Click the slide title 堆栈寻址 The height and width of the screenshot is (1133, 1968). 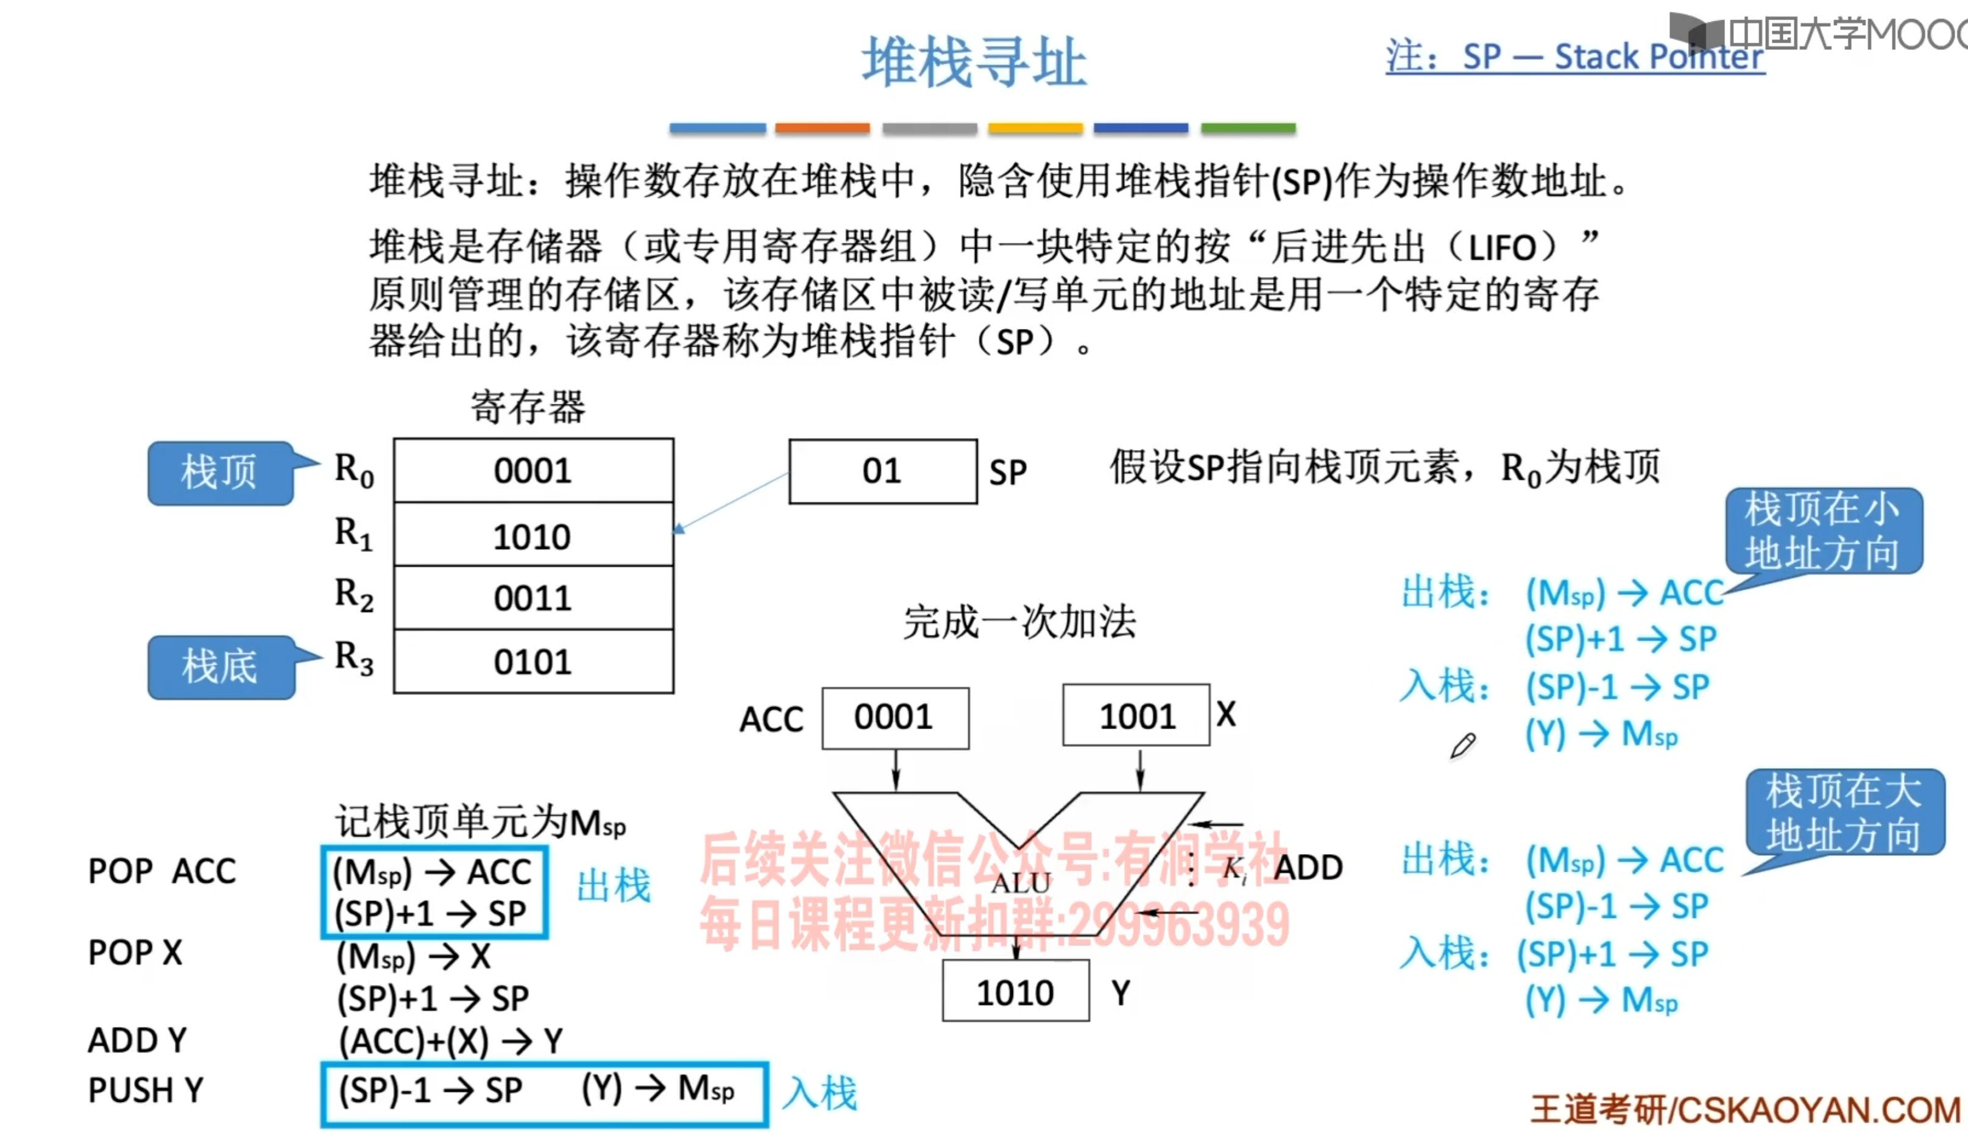pyautogui.click(x=974, y=62)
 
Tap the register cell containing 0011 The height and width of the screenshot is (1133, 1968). pyautogui.click(x=533, y=598)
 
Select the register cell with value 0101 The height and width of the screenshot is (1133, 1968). pyautogui.click(x=533, y=662)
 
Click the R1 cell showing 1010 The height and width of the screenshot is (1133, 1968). pyautogui.click(x=533, y=535)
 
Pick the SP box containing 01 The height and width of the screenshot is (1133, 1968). pyautogui.click(x=882, y=471)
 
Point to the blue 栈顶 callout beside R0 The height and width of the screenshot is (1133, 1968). pyautogui.click(x=220, y=472)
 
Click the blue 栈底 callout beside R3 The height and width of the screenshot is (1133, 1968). pyautogui.click(x=220, y=667)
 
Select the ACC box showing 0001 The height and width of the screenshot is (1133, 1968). pyautogui.click(x=895, y=718)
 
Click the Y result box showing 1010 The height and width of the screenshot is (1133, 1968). pyautogui.click(x=1016, y=992)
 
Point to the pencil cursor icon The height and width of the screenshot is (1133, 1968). pyautogui.click(x=1462, y=745)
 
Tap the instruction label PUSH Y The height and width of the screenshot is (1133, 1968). pyautogui.click(x=146, y=1089)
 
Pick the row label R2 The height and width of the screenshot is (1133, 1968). pyautogui.click(x=354, y=595)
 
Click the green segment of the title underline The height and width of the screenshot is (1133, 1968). pyautogui.click(x=1247, y=129)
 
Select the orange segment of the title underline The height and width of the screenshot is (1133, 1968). pyautogui.click(x=822, y=129)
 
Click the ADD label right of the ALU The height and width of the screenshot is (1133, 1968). pyautogui.click(x=1308, y=867)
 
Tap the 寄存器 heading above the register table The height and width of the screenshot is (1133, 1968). pyautogui.click(x=528, y=407)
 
